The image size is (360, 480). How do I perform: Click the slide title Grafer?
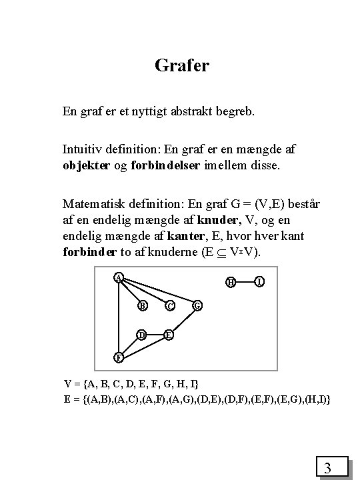point(182,65)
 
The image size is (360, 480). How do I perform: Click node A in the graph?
point(118,277)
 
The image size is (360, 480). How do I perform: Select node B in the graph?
point(142,306)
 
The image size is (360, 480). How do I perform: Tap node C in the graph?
point(169,306)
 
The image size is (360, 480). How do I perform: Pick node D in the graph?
point(142,333)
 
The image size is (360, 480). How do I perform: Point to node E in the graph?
point(169,333)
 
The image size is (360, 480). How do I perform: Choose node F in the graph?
point(117,357)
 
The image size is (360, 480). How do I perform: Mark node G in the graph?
point(197,306)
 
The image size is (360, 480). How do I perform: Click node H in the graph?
point(230,282)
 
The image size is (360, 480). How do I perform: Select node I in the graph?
point(259,282)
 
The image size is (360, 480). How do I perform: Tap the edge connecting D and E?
point(155,333)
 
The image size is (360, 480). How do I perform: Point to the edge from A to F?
point(118,317)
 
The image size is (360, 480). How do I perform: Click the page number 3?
point(327,468)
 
